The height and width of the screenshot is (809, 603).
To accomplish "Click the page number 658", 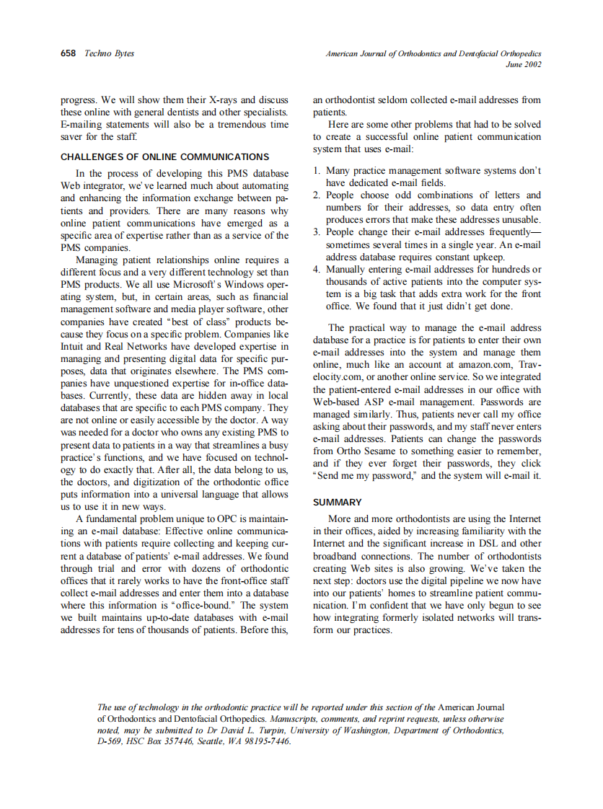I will coord(69,53).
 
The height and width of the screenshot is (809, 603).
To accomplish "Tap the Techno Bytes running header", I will coord(110,53).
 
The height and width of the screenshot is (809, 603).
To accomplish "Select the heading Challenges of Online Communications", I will coord(164,156).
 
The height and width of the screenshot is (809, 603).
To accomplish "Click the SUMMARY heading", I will coord(338,502).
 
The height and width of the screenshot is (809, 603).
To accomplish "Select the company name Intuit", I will coord(72,346).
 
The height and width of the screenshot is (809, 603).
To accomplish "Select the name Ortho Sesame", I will coord(366,451).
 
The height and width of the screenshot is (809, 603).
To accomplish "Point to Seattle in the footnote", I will coord(213,741).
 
